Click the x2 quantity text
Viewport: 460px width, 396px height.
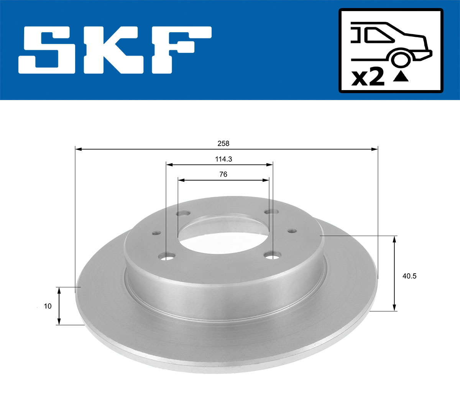coord(368,77)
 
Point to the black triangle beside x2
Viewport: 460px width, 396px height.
coord(401,77)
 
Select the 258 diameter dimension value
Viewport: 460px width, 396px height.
coord(223,143)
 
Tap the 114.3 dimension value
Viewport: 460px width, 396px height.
coord(223,159)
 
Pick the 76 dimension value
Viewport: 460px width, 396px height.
coord(223,174)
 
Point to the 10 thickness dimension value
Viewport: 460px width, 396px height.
coord(48,306)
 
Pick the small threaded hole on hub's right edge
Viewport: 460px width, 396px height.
coord(292,231)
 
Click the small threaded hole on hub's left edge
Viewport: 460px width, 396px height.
coord(156,233)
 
